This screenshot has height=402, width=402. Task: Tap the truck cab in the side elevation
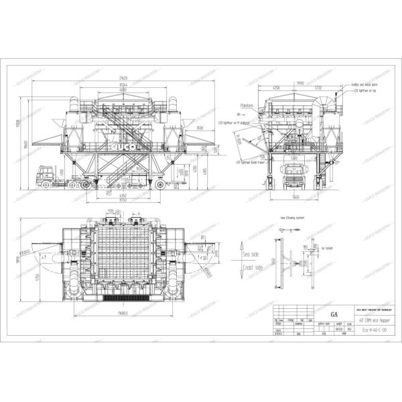point(44,176)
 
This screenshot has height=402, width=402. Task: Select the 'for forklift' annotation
point(327,247)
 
